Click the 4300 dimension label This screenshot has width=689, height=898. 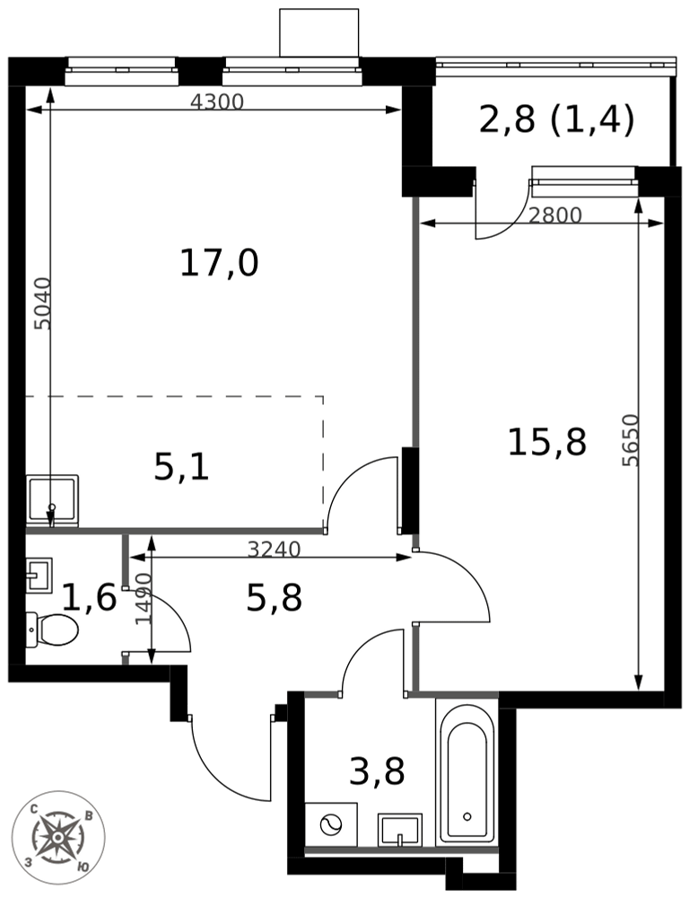pos(217,101)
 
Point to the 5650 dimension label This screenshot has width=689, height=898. pos(631,440)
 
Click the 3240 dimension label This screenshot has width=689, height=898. pos(274,549)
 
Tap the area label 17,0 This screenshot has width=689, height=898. pos(219,264)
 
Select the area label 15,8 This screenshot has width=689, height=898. pos(546,442)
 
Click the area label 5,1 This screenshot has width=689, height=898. pos(181,467)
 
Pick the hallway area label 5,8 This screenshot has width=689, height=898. pos(274,598)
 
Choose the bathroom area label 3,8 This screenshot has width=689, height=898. pos(377,770)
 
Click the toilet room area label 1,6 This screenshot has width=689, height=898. pos(89,597)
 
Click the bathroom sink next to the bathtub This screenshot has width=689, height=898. pos(399,829)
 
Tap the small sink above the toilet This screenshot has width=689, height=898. pos(39,575)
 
